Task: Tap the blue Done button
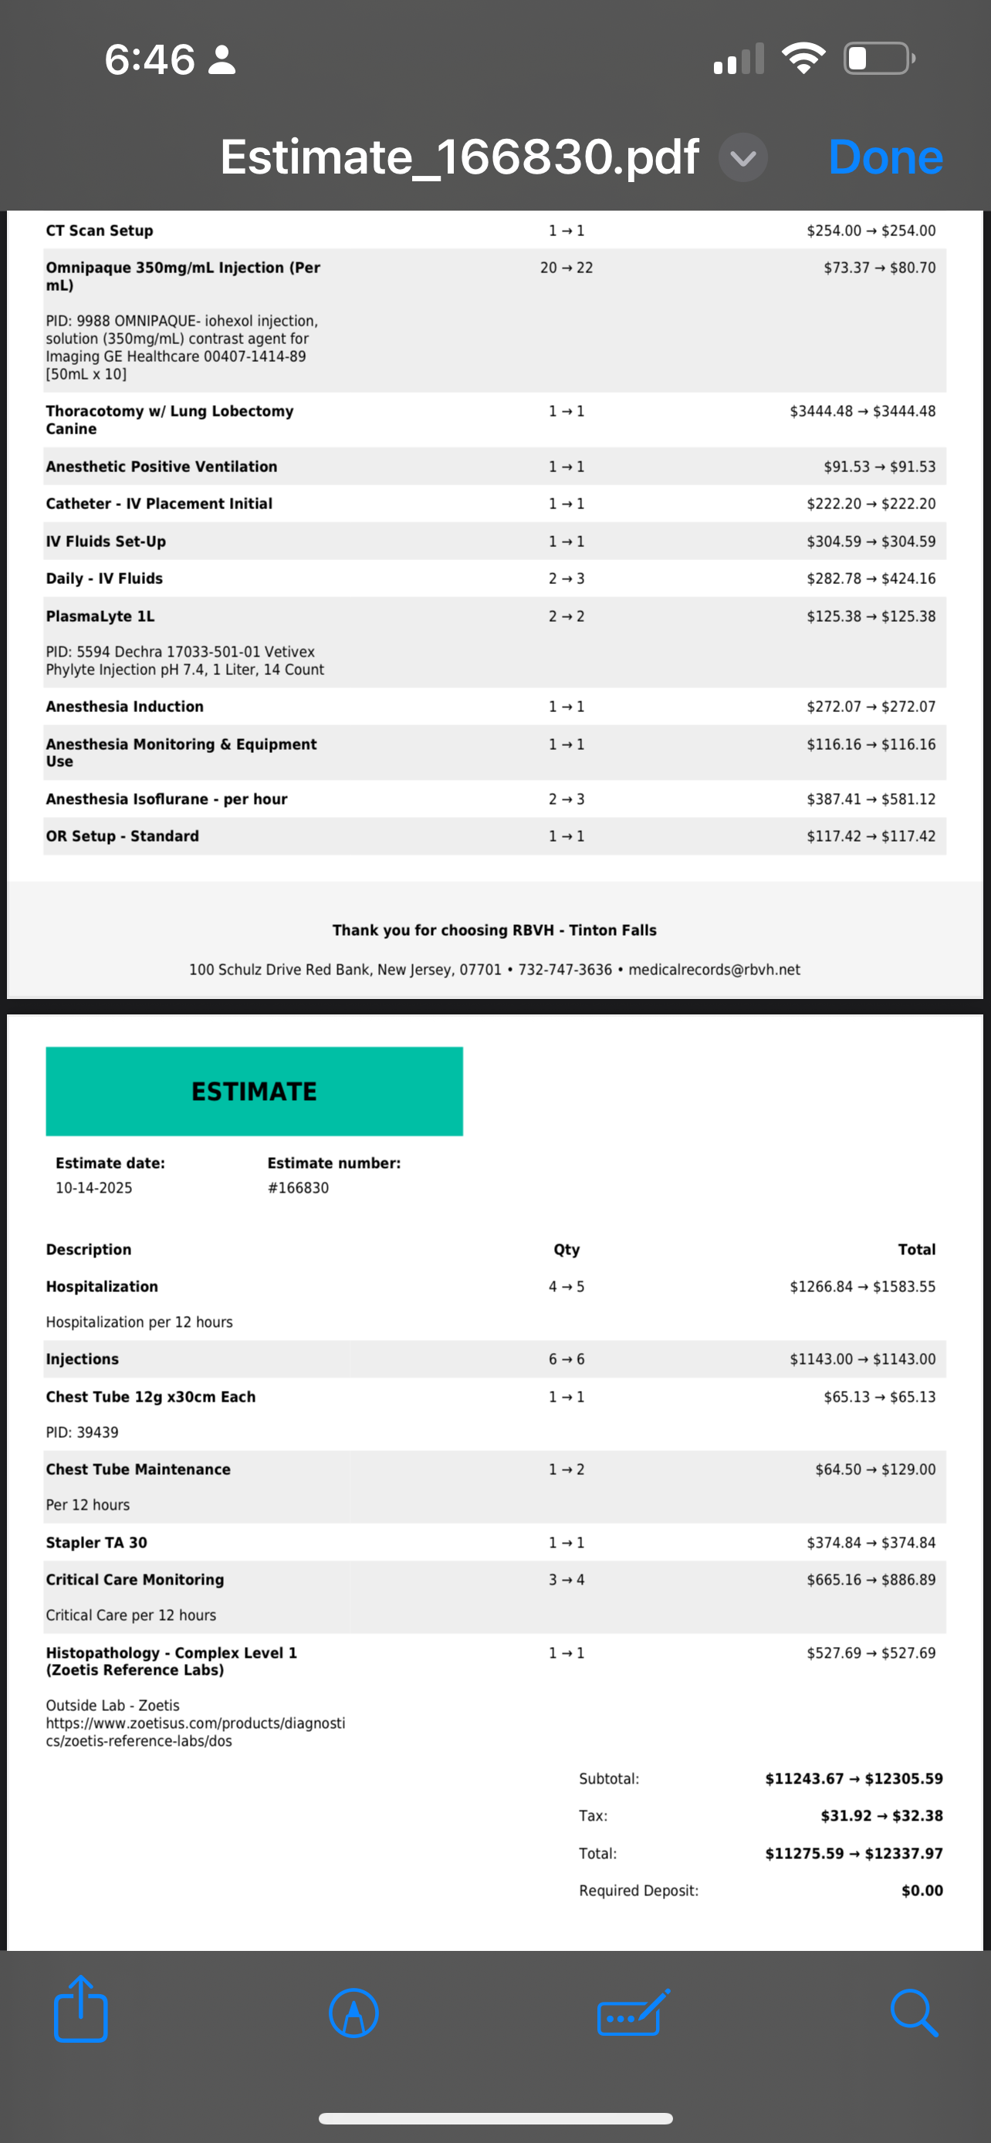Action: (x=885, y=157)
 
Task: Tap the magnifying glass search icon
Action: (x=914, y=2013)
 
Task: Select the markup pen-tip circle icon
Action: (x=353, y=2013)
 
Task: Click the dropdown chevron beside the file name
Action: (x=742, y=157)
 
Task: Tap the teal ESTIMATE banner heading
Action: (x=254, y=1092)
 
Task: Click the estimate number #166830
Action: (x=298, y=1188)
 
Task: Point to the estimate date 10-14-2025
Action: (x=94, y=1188)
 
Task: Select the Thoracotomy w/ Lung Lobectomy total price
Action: (x=862, y=411)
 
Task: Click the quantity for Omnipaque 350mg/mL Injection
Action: (x=566, y=268)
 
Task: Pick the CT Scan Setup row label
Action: (x=99, y=231)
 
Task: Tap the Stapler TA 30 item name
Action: (x=96, y=1542)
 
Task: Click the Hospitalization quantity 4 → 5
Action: (x=566, y=1286)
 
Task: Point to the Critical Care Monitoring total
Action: (x=871, y=1579)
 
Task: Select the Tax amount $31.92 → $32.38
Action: (x=881, y=1815)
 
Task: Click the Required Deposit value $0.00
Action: (x=922, y=1890)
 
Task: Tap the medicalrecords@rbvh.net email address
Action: (x=714, y=969)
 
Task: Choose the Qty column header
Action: (x=567, y=1250)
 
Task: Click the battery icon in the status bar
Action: (x=878, y=58)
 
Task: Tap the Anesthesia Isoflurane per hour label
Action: (x=167, y=798)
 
